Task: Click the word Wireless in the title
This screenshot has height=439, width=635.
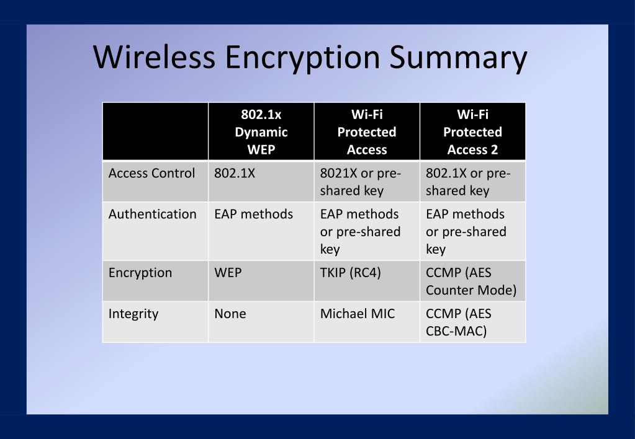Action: pos(155,57)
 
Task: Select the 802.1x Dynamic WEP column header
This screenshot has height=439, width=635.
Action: pos(261,131)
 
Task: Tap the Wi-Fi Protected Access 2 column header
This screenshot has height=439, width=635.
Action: pos(472,131)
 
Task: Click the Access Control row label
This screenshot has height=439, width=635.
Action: pos(151,174)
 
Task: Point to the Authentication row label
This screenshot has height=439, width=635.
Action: pos(152,214)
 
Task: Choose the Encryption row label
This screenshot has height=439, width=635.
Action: pos(140,273)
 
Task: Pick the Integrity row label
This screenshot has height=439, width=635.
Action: pos(133,314)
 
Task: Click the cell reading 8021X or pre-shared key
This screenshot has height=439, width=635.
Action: pos(361,182)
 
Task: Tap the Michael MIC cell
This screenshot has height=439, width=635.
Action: pos(357,314)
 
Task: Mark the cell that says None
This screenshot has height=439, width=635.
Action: pos(230,314)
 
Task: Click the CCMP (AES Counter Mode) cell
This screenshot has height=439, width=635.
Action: pos(471,282)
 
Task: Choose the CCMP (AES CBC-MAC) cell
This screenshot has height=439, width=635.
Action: pos(458,322)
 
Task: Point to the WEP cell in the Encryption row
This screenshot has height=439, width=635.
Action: pos(228,273)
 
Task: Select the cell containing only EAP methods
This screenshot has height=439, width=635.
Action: pos(253,214)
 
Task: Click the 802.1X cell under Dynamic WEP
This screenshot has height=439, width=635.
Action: pos(235,174)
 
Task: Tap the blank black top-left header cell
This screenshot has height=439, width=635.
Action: pos(155,131)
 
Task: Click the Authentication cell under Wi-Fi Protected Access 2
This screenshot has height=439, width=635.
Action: pos(466,231)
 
